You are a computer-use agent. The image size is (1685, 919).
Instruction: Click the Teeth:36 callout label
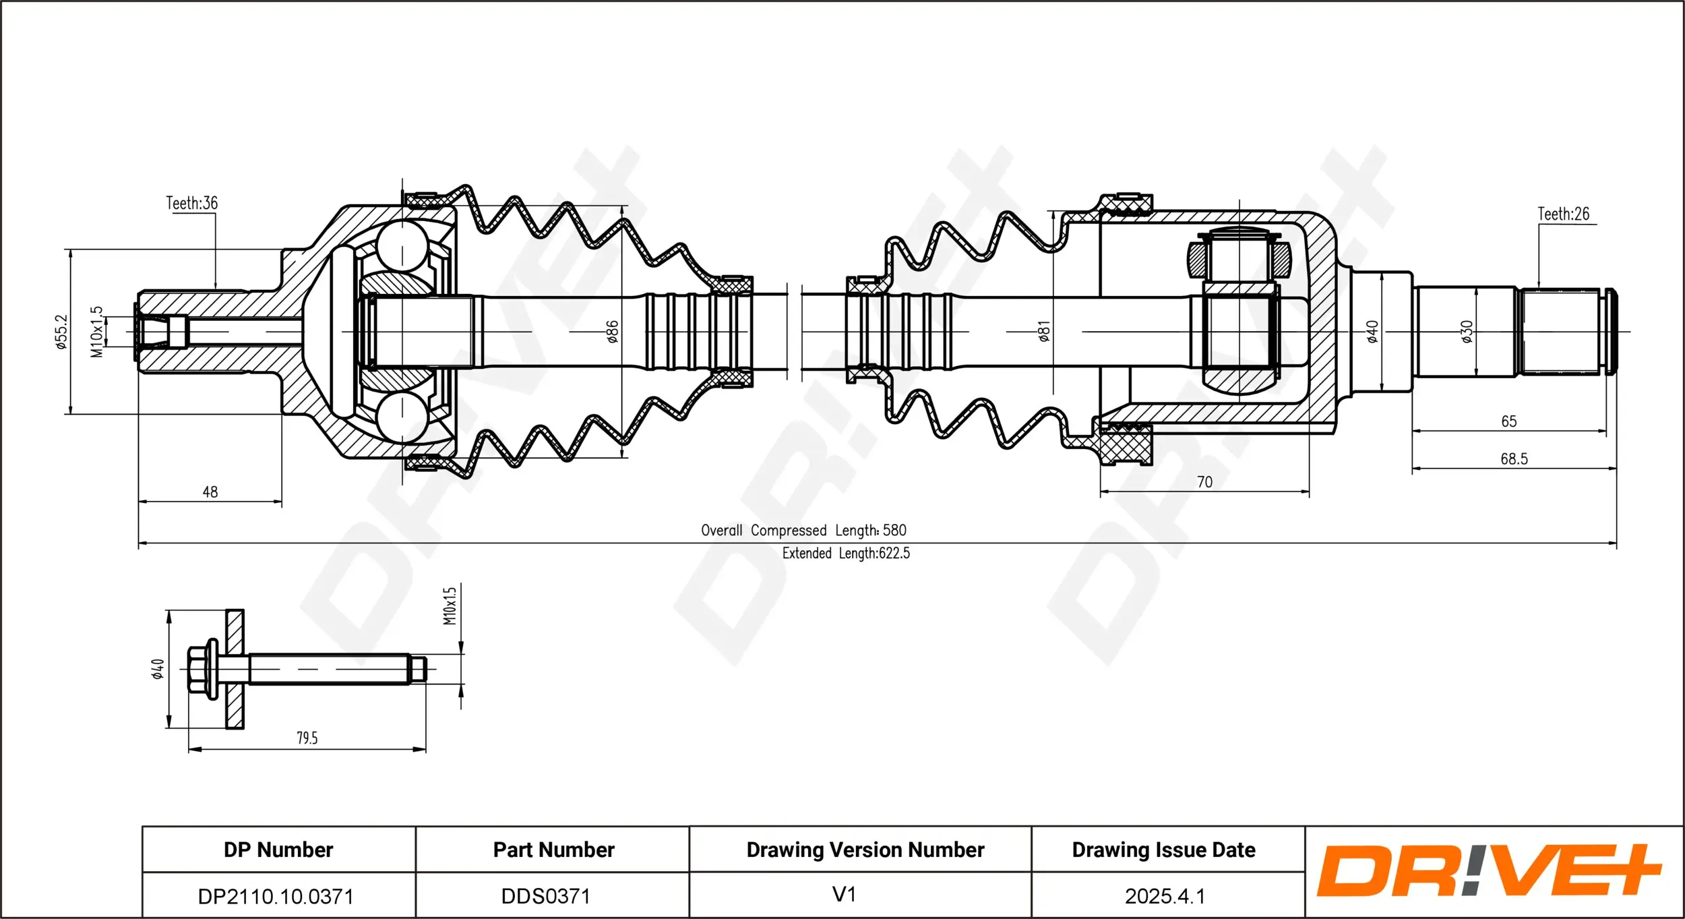(192, 203)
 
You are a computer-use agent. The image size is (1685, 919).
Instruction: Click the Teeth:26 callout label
(1563, 214)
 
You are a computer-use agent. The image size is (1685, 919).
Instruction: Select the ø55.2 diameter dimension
(61, 331)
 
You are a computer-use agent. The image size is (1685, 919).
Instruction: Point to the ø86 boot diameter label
(612, 331)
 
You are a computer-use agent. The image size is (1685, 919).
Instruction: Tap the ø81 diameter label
(1044, 331)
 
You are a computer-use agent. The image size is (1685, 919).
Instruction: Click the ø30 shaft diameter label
(1467, 331)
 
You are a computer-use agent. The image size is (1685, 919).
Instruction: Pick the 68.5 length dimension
(1514, 459)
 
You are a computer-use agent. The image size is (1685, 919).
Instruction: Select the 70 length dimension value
(1204, 482)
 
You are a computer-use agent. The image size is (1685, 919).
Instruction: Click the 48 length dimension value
(210, 492)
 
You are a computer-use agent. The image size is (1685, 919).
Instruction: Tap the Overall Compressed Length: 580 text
(803, 530)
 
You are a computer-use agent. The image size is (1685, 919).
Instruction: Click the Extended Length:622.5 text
(846, 553)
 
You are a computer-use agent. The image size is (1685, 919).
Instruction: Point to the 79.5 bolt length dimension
(307, 738)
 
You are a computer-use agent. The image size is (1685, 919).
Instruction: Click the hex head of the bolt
(197, 669)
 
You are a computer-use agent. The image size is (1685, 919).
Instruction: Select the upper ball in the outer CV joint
(402, 246)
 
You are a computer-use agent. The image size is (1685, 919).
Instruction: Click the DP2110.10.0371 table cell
(276, 896)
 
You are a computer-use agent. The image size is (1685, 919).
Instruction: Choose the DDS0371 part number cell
(546, 896)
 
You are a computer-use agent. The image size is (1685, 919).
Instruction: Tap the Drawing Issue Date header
(1163, 850)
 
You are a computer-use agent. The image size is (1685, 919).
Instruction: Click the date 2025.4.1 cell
(1165, 896)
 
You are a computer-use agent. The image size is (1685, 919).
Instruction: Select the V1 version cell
(844, 894)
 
